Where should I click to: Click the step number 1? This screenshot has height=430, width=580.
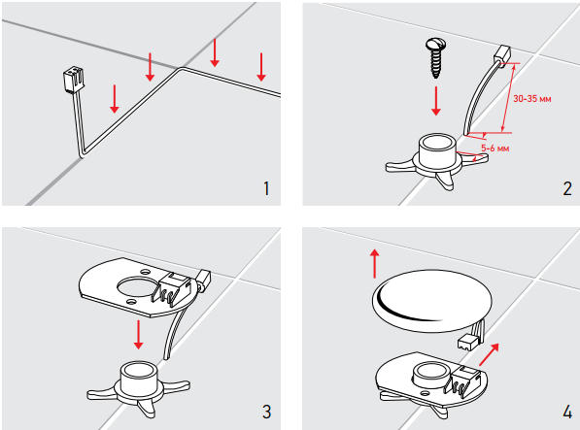point(266,188)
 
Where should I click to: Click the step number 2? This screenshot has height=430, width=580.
point(567,188)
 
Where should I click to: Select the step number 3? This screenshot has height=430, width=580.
point(266,412)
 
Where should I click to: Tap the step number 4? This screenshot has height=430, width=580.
point(567,412)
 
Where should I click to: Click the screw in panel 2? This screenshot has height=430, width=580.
point(436,58)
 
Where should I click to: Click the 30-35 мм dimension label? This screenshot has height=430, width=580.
point(532,99)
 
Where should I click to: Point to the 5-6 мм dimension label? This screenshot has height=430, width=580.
point(495,149)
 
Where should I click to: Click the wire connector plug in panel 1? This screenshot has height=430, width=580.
point(73,80)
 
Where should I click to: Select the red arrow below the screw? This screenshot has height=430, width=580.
point(436,101)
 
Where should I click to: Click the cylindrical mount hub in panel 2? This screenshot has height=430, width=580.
point(436,150)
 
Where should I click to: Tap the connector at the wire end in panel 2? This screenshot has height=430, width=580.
point(502,54)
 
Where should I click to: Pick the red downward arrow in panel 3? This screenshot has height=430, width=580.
point(138,334)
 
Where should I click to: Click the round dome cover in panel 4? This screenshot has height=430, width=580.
point(432,301)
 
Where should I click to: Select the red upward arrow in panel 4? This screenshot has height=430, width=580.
point(375,263)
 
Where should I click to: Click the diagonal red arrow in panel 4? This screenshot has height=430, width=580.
point(489,354)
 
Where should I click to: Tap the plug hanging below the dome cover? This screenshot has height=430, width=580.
point(468,344)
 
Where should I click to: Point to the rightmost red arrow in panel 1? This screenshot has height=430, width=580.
point(261,67)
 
